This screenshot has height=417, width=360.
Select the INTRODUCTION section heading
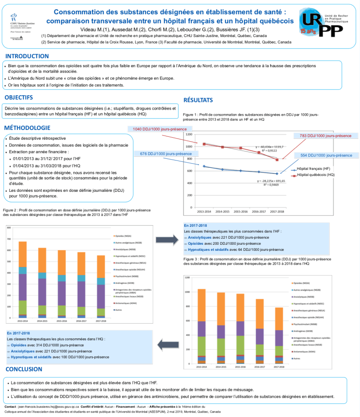click(x=27, y=56)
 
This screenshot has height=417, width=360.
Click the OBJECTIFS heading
click(x=19, y=98)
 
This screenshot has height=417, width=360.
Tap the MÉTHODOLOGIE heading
click(x=28, y=128)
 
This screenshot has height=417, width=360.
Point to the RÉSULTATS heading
click(x=198, y=100)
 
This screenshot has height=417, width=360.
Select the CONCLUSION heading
click(x=24, y=369)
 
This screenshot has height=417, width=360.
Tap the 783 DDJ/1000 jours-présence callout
click(x=325, y=136)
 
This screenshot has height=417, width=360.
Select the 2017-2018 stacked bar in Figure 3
click(x=279, y=335)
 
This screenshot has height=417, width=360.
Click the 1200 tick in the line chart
click(x=189, y=134)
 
